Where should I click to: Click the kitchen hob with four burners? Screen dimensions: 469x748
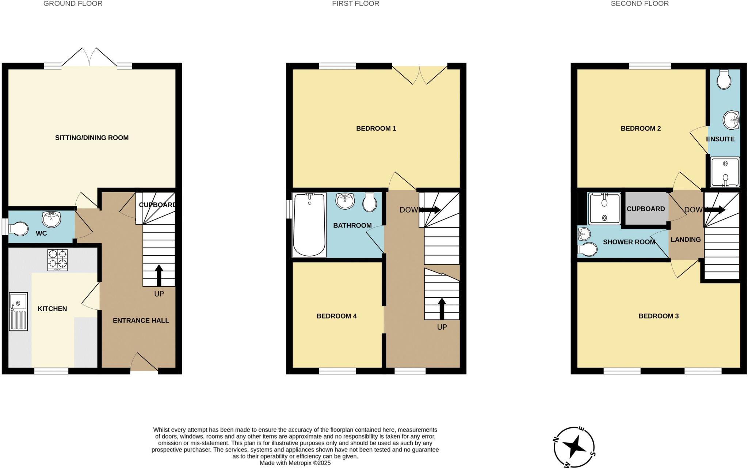[x=58, y=260]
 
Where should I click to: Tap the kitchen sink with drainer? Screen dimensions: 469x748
[x=18, y=312]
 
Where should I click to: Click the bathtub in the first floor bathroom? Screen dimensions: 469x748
[x=309, y=225]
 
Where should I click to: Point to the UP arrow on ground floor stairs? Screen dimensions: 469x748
[x=159, y=275]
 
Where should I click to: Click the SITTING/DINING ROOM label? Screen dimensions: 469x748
[x=92, y=138]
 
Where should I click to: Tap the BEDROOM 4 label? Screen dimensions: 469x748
[x=336, y=316]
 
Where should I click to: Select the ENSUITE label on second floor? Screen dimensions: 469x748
[x=720, y=139]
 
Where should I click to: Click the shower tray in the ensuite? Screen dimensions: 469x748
[x=725, y=172]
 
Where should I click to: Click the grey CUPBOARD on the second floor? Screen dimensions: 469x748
[x=646, y=209]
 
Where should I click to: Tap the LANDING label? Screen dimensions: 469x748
[x=686, y=240]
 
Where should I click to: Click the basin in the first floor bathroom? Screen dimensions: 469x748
[x=345, y=201]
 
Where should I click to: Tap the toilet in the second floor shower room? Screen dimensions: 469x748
[x=588, y=249]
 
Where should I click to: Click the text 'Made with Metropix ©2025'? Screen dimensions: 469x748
[x=295, y=463]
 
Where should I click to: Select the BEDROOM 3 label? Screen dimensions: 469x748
[x=659, y=316]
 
